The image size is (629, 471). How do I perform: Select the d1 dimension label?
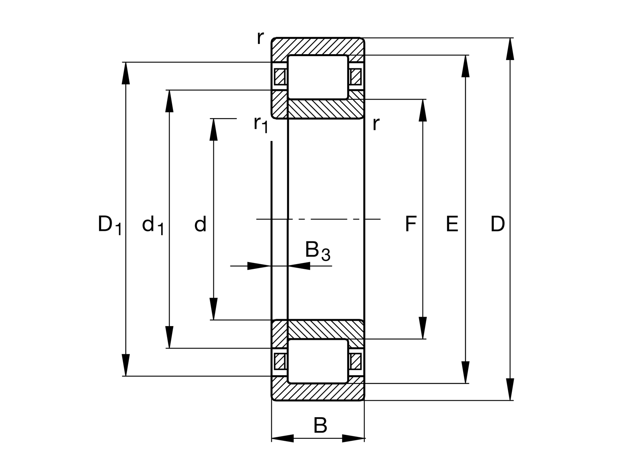click(153, 226)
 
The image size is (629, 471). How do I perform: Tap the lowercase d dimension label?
click(200, 225)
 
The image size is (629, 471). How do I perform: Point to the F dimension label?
click(410, 225)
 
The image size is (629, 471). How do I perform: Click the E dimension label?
click(452, 225)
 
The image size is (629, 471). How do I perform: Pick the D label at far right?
click(497, 225)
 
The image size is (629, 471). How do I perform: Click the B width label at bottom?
click(320, 425)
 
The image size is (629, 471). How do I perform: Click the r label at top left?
click(259, 38)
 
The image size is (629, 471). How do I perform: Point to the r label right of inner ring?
click(376, 124)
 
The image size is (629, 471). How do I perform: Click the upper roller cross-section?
click(318, 77)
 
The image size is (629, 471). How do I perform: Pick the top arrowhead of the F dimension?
click(423, 110)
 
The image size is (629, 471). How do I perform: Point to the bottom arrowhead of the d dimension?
click(213, 309)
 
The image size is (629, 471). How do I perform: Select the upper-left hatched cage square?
click(280, 77)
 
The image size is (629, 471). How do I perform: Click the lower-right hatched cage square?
click(355, 361)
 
